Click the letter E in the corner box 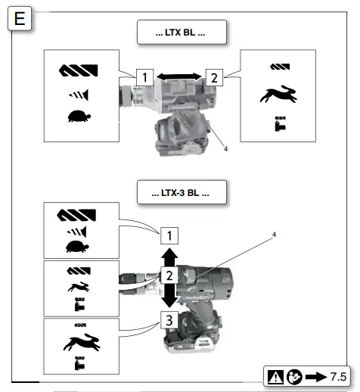[x=19, y=18]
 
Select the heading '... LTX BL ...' [x=181, y=33]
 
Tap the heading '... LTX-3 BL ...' [x=181, y=192]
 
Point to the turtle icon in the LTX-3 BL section [x=77, y=247]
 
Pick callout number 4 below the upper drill [x=225, y=148]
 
